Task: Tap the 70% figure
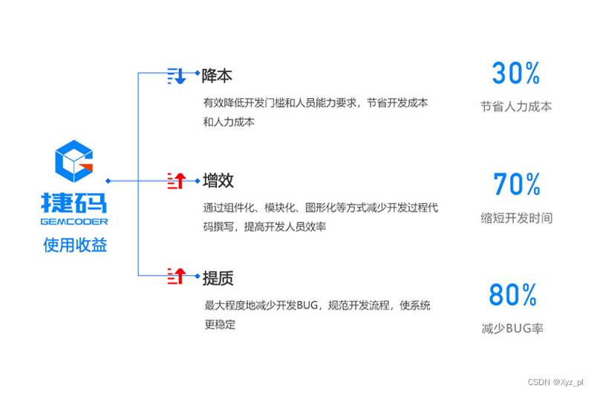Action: (x=517, y=184)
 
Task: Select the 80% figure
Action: (x=512, y=296)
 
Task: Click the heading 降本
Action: (x=218, y=76)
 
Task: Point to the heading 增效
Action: (x=218, y=181)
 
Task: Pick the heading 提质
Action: (x=218, y=278)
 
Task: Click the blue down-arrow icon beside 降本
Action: (x=177, y=75)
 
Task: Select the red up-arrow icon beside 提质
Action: (x=177, y=277)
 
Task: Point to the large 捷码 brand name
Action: (x=74, y=204)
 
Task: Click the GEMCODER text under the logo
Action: (x=74, y=222)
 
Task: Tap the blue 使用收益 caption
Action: (x=74, y=245)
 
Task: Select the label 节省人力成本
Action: (x=516, y=106)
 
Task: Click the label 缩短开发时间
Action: (x=516, y=218)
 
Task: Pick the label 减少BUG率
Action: (x=512, y=328)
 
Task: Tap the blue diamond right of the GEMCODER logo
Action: (x=108, y=180)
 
